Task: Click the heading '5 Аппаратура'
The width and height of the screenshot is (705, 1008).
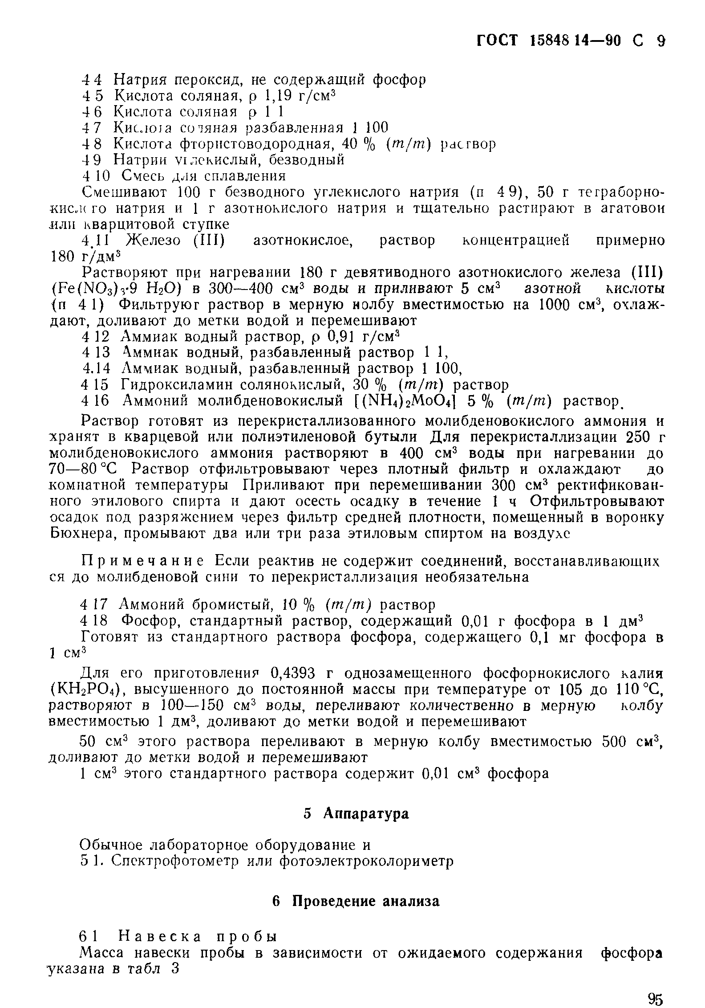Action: (356, 814)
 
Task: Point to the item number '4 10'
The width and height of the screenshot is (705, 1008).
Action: (96, 176)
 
